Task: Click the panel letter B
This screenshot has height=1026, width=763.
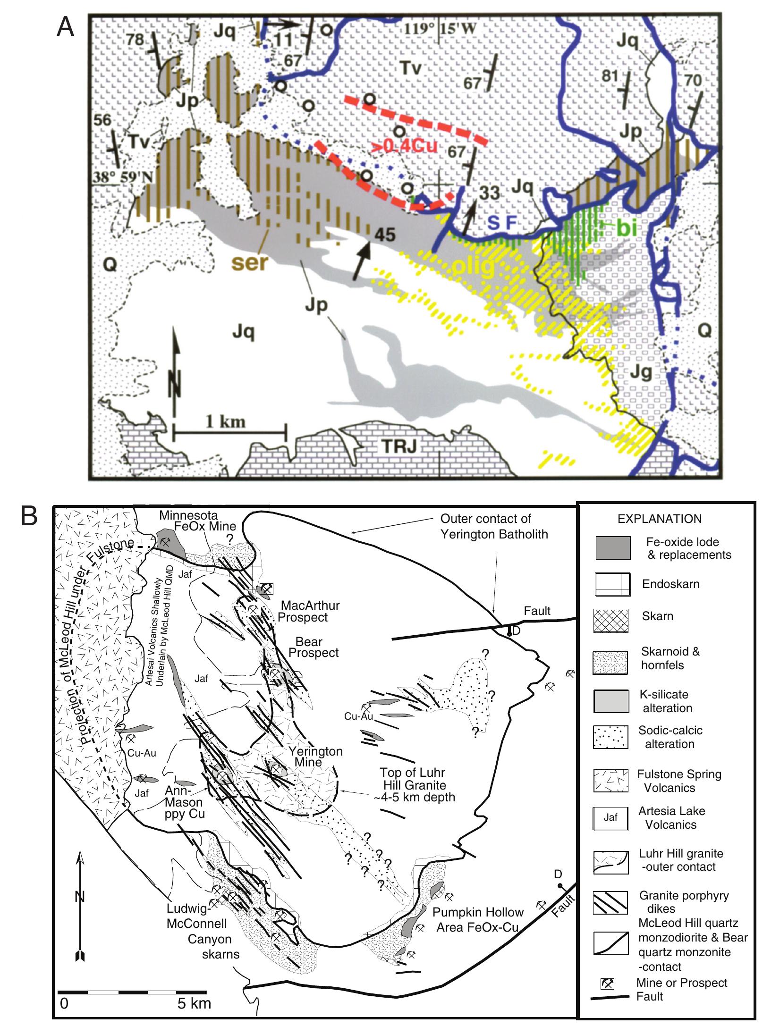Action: pyautogui.click(x=29, y=516)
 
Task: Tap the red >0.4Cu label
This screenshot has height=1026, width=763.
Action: pyautogui.click(x=405, y=146)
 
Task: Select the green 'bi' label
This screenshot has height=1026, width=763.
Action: pyautogui.click(x=627, y=229)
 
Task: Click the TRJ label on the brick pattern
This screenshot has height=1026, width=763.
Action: pyautogui.click(x=399, y=446)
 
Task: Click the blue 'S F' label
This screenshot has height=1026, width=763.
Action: pyautogui.click(x=502, y=223)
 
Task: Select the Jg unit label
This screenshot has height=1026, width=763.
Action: pyautogui.click(x=641, y=373)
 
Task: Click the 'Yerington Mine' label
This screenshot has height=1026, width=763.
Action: pyautogui.click(x=315, y=756)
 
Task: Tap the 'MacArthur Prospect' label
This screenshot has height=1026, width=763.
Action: pyautogui.click(x=309, y=611)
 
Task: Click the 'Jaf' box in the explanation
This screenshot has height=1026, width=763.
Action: pyautogui.click(x=610, y=817)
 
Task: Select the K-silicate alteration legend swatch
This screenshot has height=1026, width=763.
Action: pyautogui.click(x=611, y=701)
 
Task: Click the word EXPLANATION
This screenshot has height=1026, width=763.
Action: pyautogui.click(x=659, y=519)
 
